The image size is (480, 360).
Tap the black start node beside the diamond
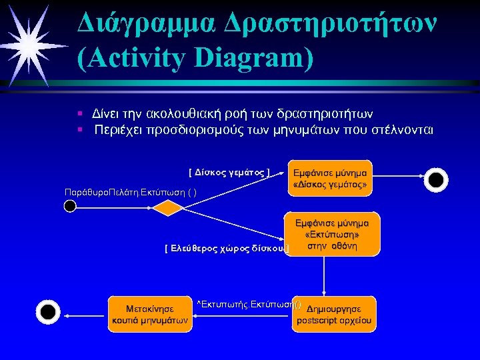point(70,207)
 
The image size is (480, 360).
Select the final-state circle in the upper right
point(435,179)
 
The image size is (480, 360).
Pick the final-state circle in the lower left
point(48,311)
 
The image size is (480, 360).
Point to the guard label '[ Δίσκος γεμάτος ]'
point(229,173)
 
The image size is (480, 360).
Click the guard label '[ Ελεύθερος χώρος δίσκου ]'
point(227,249)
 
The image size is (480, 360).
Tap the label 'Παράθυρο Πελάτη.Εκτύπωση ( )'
point(130,192)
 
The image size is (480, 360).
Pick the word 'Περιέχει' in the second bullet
point(118,129)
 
